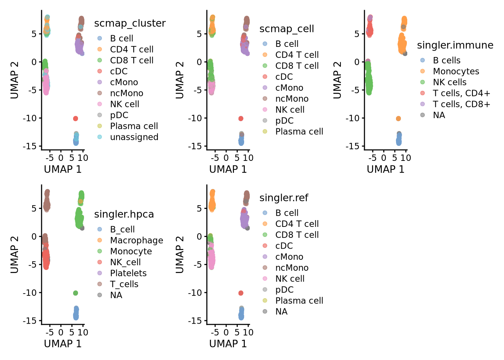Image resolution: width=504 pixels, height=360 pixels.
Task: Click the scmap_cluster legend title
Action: (130, 23)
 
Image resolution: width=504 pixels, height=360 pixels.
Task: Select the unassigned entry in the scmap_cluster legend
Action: (134, 137)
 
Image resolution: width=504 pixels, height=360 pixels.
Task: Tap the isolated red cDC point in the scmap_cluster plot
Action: (75, 118)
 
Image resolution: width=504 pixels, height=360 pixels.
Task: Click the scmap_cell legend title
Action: (286, 29)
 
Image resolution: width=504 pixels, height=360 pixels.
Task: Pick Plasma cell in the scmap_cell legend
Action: (299, 132)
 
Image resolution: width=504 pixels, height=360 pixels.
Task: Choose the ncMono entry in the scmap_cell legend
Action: (292, 99)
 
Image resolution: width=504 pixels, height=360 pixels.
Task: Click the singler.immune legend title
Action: (455, 45)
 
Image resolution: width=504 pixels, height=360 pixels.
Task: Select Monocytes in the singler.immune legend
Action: (456, 71)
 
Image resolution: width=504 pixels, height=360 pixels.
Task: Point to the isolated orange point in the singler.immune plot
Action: (398, 118)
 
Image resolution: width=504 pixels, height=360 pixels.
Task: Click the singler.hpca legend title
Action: (124, 214)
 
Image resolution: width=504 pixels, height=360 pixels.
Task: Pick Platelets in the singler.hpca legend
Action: (128, 273)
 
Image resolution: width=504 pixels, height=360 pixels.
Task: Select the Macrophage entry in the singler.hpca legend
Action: (136, 240)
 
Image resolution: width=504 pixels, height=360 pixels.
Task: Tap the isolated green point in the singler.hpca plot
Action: (75, 293)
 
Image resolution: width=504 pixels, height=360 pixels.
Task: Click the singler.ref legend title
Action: (283, 198)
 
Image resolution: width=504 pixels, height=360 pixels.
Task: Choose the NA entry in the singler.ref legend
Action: (281, 312)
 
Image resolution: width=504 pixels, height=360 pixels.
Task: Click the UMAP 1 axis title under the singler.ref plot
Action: (228, 343)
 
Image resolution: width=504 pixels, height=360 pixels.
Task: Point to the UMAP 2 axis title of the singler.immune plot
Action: (337, 80)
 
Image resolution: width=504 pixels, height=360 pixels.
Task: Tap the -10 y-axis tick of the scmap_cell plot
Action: (194, 118)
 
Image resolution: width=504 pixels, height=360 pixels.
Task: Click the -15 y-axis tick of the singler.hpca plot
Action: (29, 321)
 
